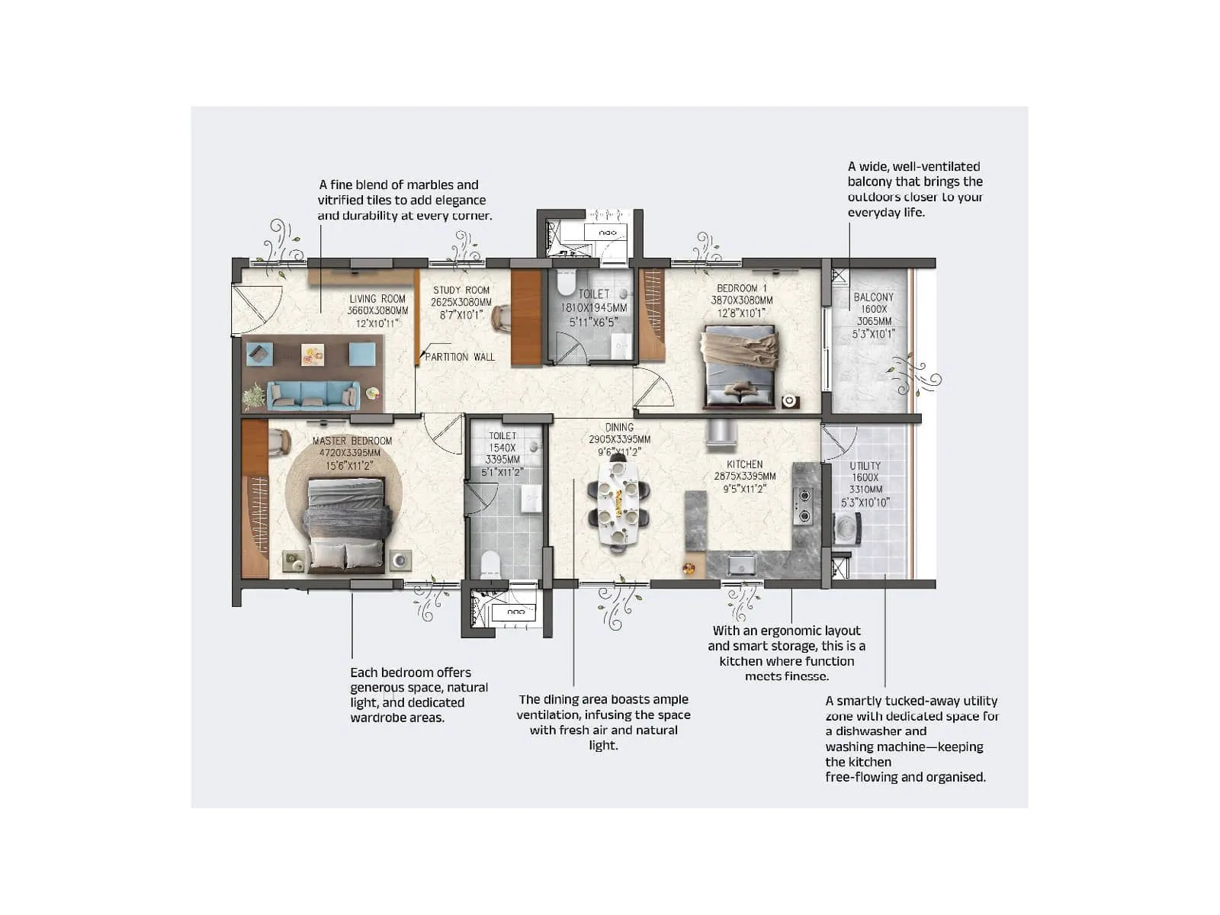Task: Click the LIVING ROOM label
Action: tap(377, 299)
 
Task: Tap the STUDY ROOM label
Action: tap(461, 290)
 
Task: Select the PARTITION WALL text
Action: tap(460, 357)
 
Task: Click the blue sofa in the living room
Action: tap(313, 395)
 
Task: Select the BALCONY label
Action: tap(873, 297)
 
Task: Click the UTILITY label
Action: tap(865, 466)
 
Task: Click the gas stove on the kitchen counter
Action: tap(803, 506)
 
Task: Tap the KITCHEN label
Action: tap(744, 464)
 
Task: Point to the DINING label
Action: tap(619, 428)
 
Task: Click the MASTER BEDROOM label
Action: tap(352, 441)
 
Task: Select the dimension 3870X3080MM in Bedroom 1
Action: tap(741, 300)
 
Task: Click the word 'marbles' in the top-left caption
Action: tap(418, 185)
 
